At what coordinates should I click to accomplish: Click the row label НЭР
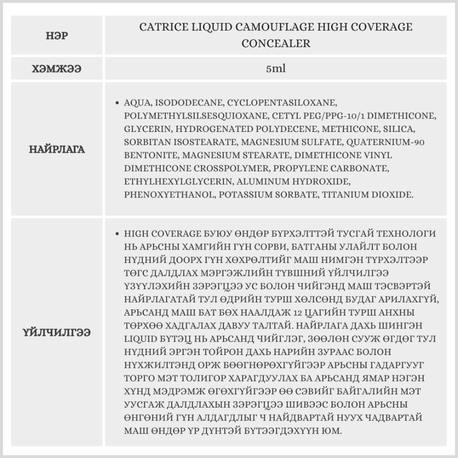point(57,35)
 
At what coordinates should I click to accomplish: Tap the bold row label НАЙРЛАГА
point(57,149)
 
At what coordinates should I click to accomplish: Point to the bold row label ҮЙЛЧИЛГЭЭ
point(57,332)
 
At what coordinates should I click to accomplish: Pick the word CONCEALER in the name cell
point(276,44)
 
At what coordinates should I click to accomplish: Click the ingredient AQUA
point(136,102)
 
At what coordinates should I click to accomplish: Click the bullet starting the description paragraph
point(118,234)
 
